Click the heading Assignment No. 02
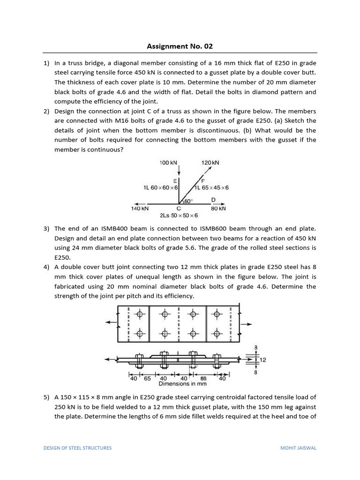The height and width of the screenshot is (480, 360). pyautogui.click(x=180, y=46)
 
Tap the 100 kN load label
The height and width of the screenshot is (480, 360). pyautogui.click(x=168, y=163)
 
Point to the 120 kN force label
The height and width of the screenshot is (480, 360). pyautogui.click(x=210, y=163)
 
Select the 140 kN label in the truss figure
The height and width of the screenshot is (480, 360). pyautogui.click(x=140, y=208)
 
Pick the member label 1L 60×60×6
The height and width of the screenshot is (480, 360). pyautogui.click(x=159, y=187)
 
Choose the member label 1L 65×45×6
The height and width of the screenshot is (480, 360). pyautogui.click(x=212, y=187)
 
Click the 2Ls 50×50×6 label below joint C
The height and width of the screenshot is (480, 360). pyautogui.click(x=179, y=216)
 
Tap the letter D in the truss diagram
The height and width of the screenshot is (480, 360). pyautogui.click(x=213, y=200)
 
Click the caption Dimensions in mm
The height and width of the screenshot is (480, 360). pyautogui.click(x=182, y=383)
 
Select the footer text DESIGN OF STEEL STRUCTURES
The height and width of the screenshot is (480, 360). pyautogui.click(x=78, y=448)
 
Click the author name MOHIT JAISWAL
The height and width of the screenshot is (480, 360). pyautogui.click(x=298, y=448)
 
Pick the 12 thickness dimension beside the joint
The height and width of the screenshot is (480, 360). pyautogui.click(x=263, y=360)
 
